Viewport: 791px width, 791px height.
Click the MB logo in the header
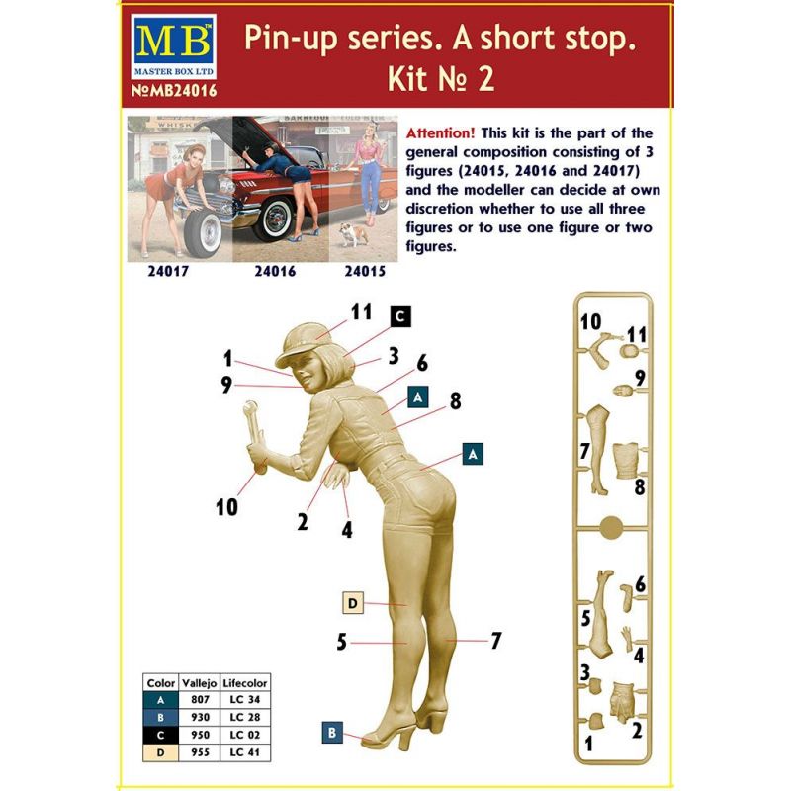point(174,46)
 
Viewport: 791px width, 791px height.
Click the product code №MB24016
point(174,91)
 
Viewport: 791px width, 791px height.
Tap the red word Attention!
point(440,133)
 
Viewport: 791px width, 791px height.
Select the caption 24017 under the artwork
point(168,271)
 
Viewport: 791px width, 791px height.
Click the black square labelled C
point(400,316)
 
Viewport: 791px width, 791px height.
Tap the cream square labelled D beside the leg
point(353,603)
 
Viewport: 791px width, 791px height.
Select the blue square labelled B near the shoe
point(332,733)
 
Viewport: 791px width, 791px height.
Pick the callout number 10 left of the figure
point(226,507)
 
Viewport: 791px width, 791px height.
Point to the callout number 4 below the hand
point(347,530)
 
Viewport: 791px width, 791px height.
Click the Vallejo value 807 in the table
point(201,700)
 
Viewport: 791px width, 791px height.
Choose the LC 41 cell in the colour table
point(244,752)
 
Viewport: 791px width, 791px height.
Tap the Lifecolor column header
point(245,683)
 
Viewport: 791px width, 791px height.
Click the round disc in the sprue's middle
point(611,528)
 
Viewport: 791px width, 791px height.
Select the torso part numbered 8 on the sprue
point(626,461)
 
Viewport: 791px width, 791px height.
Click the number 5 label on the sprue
point(585,618)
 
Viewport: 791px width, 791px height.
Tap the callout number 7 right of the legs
point(496,641)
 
